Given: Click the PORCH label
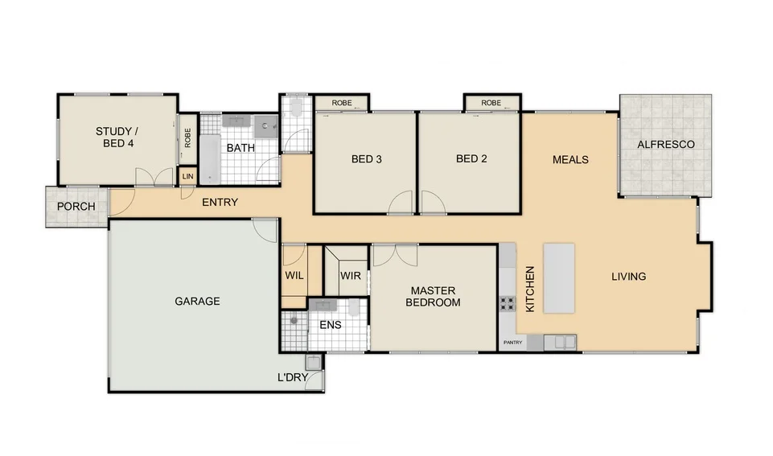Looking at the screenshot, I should [76, 207].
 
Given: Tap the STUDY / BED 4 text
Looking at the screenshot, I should [117, 138].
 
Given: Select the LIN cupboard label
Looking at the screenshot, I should [187, 177].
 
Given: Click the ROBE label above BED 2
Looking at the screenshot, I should [491, 103].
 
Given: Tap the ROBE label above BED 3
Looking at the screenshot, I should [342, 103].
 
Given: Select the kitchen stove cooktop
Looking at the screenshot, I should [508, 304].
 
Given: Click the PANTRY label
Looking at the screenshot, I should [512, 343].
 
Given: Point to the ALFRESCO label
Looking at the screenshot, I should [665, 145].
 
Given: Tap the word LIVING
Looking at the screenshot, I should [628, 277].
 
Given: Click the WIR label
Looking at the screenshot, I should [351, 276].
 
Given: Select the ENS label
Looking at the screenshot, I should [330, 326].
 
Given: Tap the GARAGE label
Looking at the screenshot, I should [197, 302].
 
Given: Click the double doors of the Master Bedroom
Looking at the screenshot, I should [395, 255].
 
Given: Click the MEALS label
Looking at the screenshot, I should [570, 159].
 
